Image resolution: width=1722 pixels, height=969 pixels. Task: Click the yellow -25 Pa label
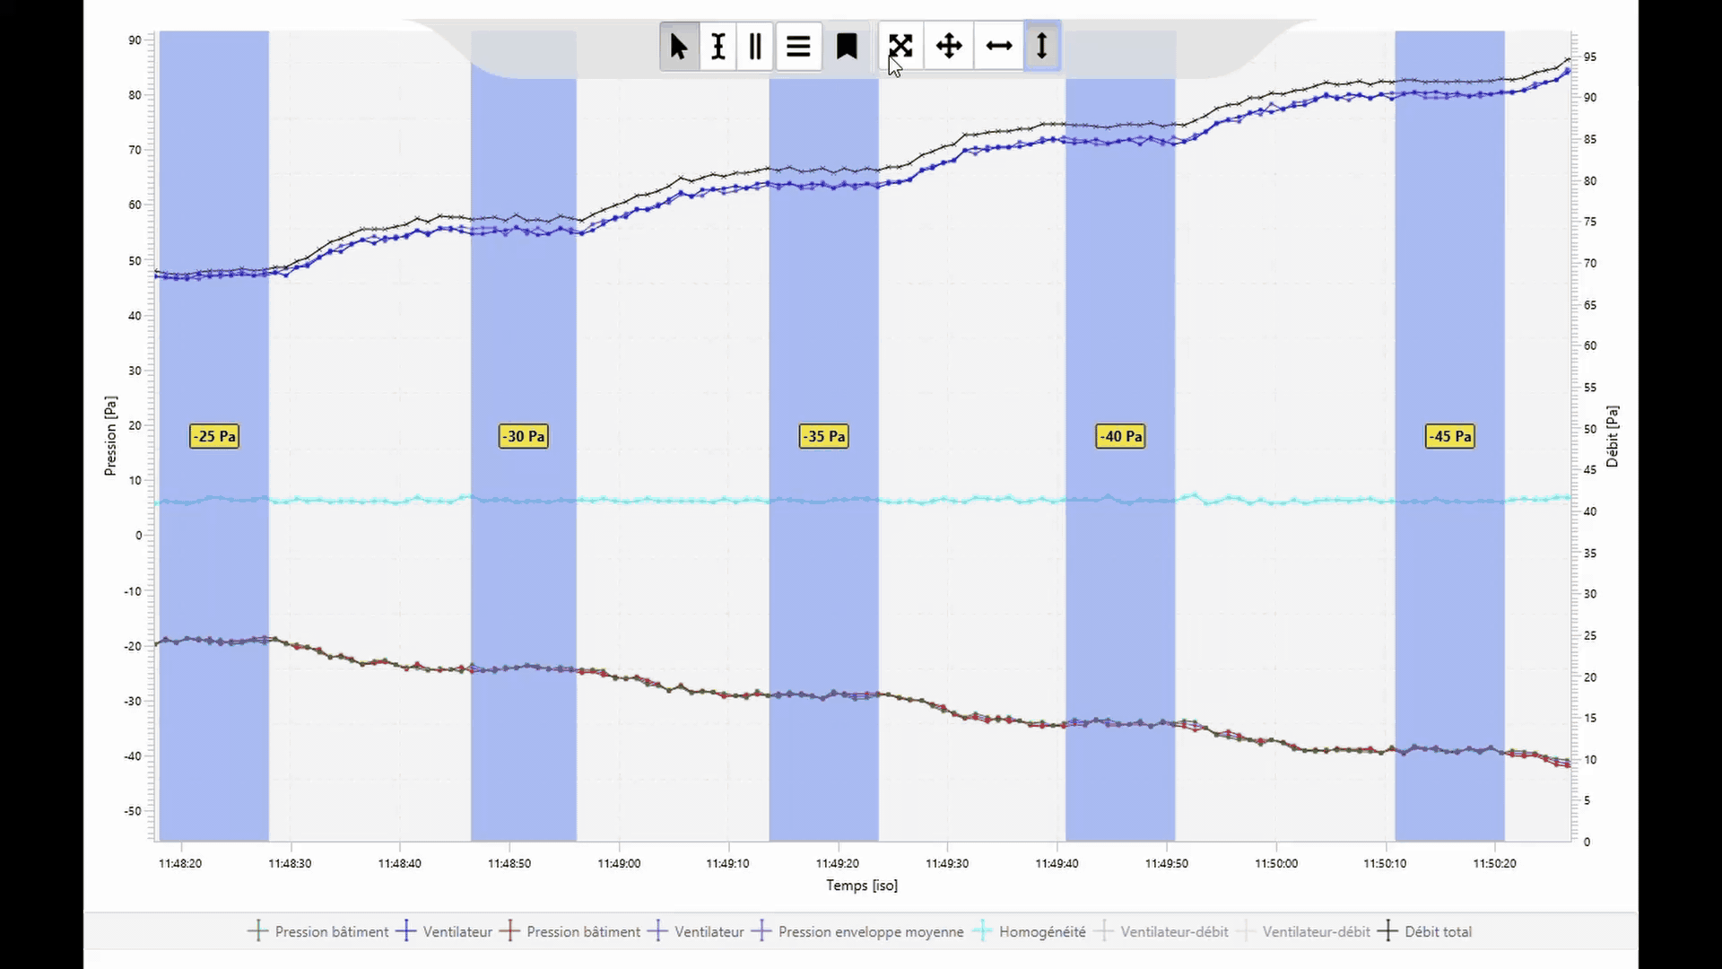click(x=214, y=436)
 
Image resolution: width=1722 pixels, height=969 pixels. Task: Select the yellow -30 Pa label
click(x=524, y=436)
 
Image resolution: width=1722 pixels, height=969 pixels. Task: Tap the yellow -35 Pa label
click(x=824, y=436)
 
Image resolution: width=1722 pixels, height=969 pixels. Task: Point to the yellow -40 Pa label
click(x=1121, y=436)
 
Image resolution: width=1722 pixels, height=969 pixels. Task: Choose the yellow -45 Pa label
click(x=1450, y=436)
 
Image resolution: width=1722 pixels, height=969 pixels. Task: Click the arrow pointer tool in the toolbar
click(x=679, y=46)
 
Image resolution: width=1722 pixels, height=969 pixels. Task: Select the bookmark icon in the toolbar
click(x=847, y=46)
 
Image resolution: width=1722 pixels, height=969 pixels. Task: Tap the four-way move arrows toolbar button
click(x=949, y=46)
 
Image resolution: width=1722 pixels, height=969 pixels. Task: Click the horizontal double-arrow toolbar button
click(x=998, y=46)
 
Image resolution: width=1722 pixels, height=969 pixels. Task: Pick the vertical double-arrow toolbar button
click(x=1042, y=46)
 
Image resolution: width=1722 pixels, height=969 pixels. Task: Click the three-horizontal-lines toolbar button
click(x=798, y=46)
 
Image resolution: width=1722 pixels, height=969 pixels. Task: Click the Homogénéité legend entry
click(x=1041, y=931)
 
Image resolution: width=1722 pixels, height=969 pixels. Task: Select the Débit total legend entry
click(x=1438, y=931)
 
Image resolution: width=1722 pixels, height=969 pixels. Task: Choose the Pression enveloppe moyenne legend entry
click(x=870, y=931)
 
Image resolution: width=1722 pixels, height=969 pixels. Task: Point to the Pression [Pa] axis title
click(x=110, y=435)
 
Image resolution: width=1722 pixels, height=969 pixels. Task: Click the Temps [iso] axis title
click(x=861, y=886)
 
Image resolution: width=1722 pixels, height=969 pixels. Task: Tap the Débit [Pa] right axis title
click(x=1613, y=436)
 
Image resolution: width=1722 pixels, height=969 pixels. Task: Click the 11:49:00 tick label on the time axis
click(x=619, y=863)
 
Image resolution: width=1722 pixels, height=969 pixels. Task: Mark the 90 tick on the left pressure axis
click(x=135, y=39)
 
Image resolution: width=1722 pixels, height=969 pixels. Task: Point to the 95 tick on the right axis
click(x=1589, y=57)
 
